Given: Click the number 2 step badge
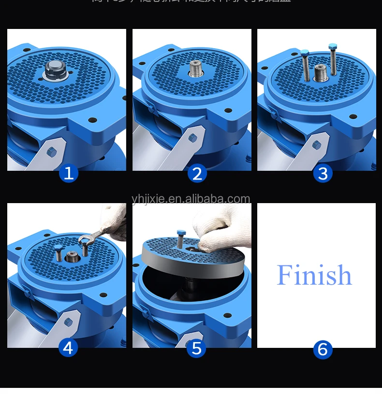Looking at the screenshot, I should (x=197, y=173).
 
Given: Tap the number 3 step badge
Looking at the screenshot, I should (x=323, y=173).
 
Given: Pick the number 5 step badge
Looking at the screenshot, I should (x=197, y=348).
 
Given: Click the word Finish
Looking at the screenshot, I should (x=314, y=275).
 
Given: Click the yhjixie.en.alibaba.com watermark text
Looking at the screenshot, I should (x=191, y=199).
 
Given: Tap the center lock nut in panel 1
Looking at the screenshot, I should (x=54, y=70).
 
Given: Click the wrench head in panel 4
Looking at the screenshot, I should (x=86, y=239).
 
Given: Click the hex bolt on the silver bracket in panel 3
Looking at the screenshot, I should (x=317, y=145).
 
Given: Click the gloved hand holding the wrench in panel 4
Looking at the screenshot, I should (x=115, y=222).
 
